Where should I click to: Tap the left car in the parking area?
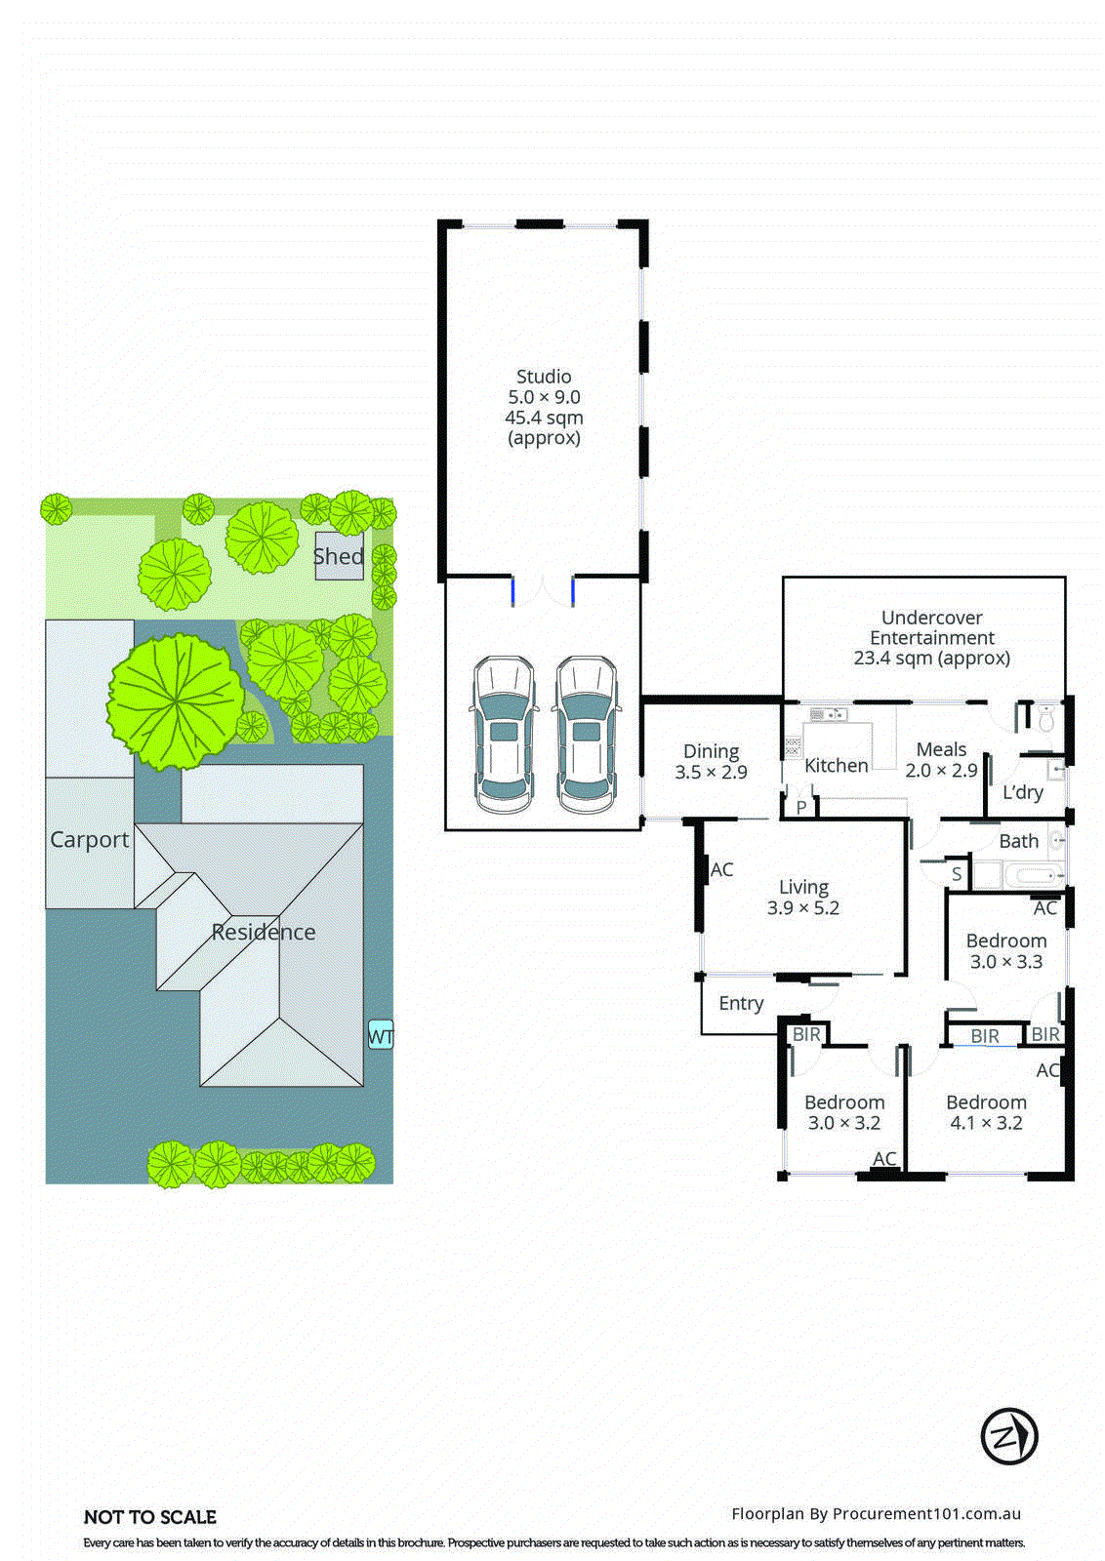(504, 736)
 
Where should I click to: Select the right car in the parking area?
(586, 736)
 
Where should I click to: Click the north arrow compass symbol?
(1008, 1436)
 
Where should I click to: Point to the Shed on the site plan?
(339, 556)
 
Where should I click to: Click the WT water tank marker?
(380, 1035)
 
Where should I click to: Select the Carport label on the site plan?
(89, 840)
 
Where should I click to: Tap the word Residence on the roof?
(264, 932)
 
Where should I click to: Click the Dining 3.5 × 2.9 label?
(711, 762)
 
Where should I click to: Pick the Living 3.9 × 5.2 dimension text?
(802, 908)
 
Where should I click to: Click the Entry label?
(741, 1003)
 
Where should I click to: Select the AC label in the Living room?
(721, 869)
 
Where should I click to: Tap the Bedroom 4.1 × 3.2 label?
(986, 1112)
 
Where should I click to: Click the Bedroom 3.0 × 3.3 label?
(1006, 951)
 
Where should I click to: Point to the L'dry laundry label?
(1022, 792)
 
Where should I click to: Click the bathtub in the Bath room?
(1033, 875)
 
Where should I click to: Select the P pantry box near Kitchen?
(801, 808)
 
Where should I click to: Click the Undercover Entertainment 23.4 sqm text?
(931, 638)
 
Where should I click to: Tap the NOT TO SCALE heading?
(150, 1517)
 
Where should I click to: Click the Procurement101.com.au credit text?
(876, 1513)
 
